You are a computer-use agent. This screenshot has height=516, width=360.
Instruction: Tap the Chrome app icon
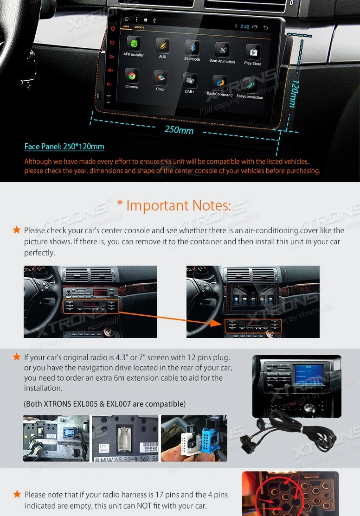click(132, 76)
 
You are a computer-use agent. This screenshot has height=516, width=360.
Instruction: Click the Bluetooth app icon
click(193, 48)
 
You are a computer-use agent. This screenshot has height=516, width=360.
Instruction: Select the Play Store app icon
click(253, 52)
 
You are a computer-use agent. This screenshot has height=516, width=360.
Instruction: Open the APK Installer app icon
click(135, 44)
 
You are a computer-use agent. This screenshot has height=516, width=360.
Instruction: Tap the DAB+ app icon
click(190, 81)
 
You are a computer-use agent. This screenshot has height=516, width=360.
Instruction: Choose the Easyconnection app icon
click(251, 85)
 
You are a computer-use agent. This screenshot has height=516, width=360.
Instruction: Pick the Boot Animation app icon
click(223, 50)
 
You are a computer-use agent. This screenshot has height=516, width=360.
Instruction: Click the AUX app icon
click(163, 46)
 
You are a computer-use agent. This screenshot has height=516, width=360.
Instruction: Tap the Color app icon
click(161, 78)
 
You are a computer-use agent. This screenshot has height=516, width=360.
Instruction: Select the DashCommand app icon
click(220, 83)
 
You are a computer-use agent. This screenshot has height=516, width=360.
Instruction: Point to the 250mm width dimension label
click(179, 130)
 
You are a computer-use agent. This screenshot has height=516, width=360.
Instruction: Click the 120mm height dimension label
click(294, 93)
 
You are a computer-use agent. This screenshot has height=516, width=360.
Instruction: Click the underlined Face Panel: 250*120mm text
click(64, 147)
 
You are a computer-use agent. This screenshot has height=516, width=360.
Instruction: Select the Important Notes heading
click(179, 205)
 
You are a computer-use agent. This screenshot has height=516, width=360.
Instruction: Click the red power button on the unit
click(113, 29)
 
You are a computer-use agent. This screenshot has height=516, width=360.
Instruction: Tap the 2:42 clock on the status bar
click(245, 27)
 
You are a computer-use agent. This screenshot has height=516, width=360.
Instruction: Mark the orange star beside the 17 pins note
click(17, 494)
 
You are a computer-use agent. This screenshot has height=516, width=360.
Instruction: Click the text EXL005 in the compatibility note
click(85, 404)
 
